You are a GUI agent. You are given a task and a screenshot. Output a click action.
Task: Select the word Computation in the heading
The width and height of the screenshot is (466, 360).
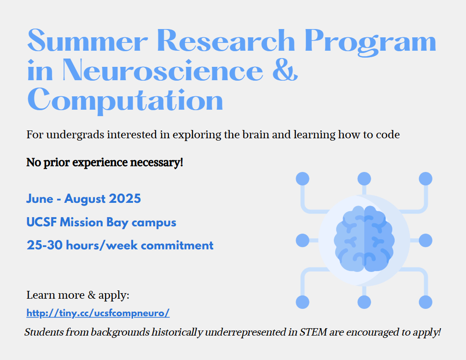point(125,100)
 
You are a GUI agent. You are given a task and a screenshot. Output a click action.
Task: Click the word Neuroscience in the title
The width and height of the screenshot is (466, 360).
point(163,70)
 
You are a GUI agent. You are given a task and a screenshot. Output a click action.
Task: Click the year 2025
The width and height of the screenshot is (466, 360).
point(125,199)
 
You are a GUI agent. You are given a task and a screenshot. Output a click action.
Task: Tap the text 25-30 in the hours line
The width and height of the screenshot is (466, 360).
point(45,245)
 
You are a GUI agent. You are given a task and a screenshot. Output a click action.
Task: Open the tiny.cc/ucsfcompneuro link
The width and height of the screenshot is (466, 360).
point(98,313)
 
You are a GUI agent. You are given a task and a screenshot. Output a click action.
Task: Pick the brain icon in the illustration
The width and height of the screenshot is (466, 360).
point(364,239)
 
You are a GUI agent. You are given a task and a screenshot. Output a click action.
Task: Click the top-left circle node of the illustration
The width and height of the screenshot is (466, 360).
point(303,179)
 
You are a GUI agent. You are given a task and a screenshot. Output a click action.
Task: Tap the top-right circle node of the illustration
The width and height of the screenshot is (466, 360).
point(425,179)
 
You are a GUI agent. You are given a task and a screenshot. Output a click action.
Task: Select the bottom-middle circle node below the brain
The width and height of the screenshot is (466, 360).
point(364,302)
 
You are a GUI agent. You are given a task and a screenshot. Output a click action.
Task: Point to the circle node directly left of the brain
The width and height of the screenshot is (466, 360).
point(303,241)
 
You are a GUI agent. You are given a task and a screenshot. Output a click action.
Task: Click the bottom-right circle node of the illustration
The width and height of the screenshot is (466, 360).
point(425,302)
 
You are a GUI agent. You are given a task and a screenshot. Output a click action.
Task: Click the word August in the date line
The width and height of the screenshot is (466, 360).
point(85,199)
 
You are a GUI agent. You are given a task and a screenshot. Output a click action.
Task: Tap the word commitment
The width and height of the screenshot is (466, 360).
point(177,245)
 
